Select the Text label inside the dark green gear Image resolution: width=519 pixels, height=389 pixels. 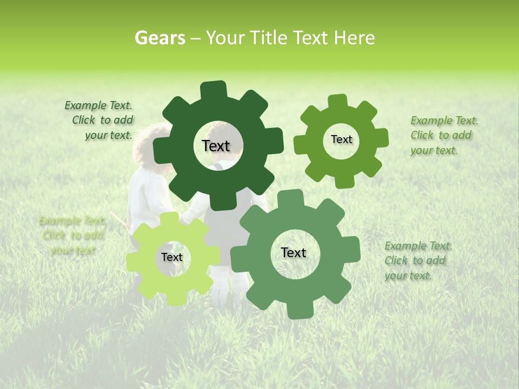click(x=216, y=146)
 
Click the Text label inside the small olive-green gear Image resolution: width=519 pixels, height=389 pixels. click(x=341, y=139)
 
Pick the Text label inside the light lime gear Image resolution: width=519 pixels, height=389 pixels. click(x=172, y=257)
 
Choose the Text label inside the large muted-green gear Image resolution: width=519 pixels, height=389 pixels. click(x=294, y=252)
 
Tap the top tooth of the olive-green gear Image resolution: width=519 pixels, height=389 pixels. click(x=338, y=101)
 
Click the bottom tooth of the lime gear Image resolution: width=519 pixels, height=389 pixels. click(x=172, y=299)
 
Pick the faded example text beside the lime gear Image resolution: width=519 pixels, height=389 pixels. click(x=72, y=236)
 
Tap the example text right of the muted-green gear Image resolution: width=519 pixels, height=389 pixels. click(x=417, y=261)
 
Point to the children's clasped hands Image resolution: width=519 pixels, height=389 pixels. click(x=185, y=219)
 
